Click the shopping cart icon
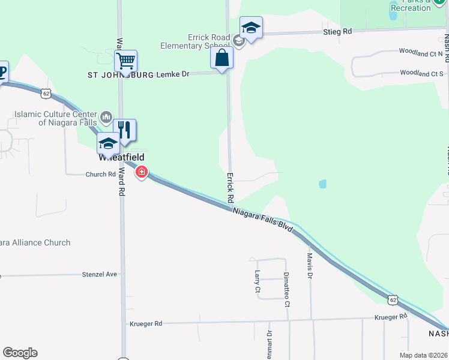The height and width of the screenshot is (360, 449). (125, 60)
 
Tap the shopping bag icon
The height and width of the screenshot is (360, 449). (221, 58)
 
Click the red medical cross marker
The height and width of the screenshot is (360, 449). (142, 173)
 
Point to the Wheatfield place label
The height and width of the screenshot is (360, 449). (122, 157)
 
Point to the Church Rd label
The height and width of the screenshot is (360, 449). (100, 175)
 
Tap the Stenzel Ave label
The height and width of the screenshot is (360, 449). (99, 274)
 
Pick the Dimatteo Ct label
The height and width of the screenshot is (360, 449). (287, 292)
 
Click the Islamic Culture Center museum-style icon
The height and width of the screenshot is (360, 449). (106, 116)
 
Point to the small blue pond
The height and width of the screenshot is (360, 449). (323, 184)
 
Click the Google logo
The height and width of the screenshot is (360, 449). (20, 353)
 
